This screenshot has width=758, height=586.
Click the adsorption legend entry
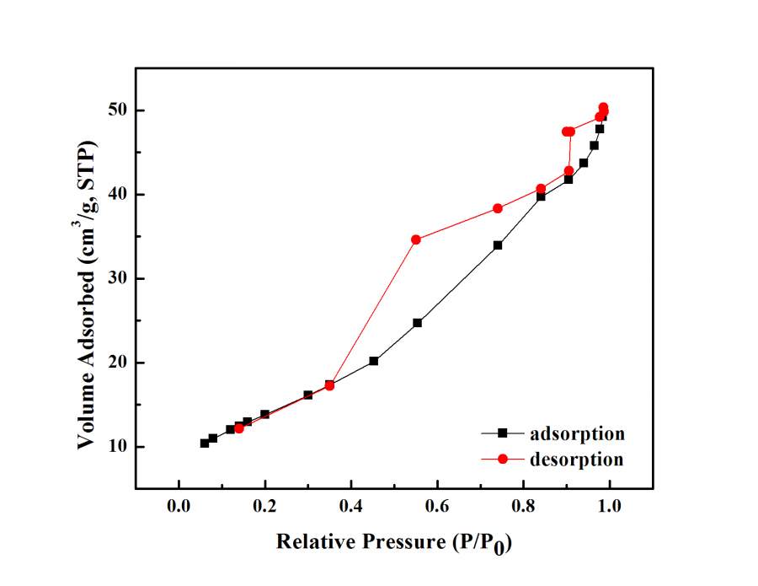coord(577,433)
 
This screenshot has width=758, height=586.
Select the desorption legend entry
coord(577,460)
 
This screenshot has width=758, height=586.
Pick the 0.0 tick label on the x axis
coord(179,506)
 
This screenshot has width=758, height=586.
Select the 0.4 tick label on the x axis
coord(350,506)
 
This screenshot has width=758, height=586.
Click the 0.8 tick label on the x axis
coord(523,506)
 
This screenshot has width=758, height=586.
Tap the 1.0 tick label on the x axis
coord(609,506)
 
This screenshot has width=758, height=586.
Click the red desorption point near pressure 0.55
coord(416,239)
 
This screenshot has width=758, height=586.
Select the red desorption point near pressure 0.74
coord(498,208)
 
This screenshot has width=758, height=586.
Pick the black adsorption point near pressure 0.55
coord(417,323)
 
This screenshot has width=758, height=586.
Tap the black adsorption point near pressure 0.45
coord(374,361)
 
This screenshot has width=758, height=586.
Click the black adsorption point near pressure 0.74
coord(498,245)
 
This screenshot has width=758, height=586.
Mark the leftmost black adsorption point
coord(205,443)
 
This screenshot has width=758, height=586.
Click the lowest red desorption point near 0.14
coord(239,428)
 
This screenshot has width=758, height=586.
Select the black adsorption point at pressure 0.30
coord(308,395)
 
